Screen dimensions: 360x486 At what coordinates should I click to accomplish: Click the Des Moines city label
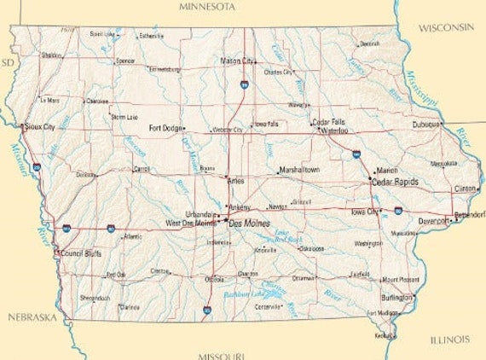coord(250,224)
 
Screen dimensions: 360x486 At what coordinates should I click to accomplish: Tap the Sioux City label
coord(39,125)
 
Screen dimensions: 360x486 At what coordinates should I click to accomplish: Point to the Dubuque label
coord(426,124)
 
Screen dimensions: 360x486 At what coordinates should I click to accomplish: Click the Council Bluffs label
coord(81,253)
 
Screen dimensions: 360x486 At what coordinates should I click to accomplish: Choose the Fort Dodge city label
coord(165,129)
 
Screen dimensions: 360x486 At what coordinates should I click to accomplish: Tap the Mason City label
coord(236,61)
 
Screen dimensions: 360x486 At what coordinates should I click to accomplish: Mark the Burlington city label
coord(396,298)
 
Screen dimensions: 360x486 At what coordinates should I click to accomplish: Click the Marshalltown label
coord(299,171)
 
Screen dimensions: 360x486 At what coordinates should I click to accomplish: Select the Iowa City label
coord(365,211)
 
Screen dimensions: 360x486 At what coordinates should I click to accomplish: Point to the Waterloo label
coord(333,131)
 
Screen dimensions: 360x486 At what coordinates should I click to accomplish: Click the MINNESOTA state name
coord(206,7)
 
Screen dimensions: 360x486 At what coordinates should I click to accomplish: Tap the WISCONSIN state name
coord(445,27)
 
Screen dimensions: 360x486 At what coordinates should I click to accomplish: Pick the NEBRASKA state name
coord(32,317)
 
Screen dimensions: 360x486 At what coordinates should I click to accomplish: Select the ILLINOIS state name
coord(449,340)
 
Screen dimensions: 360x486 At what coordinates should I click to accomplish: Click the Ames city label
coord(236,180)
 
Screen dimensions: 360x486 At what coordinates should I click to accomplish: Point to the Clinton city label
coord(465,188)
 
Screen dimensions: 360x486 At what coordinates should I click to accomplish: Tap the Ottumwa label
coord(304,277)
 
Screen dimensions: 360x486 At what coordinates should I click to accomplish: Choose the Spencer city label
coord(125,61)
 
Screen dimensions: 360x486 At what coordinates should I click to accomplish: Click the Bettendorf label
coord(470,214)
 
